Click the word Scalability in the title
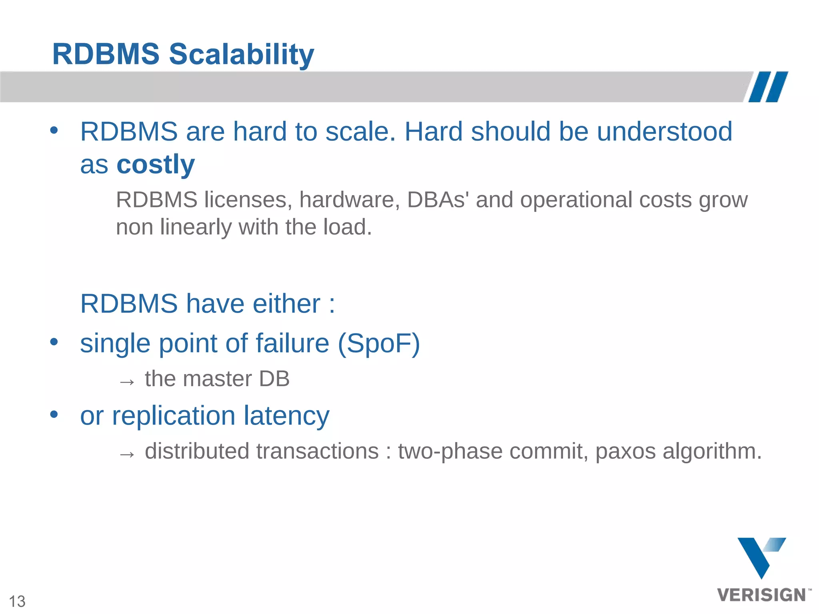(241, 55)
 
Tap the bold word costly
(155, 164)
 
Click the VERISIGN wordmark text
(761, 595)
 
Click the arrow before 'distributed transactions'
(127, 454)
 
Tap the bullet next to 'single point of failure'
(54, 342)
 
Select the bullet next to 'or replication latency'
(54, 415)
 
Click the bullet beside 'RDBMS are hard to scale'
(54, 130)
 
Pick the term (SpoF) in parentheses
(379, 343)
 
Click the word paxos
(625, 452)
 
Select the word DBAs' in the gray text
(438, 200)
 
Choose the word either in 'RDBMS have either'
(286, 304)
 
